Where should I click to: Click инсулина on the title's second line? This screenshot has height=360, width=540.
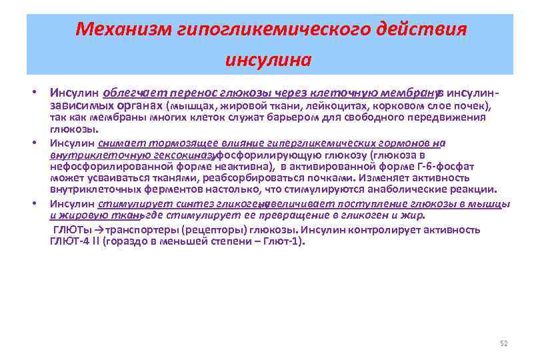[x=269, y=61]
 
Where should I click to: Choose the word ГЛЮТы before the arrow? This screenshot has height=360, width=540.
[x=73, y=230]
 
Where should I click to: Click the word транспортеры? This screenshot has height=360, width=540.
[x=139, y=230]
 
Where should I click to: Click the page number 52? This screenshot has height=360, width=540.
[x=503, y=343]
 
